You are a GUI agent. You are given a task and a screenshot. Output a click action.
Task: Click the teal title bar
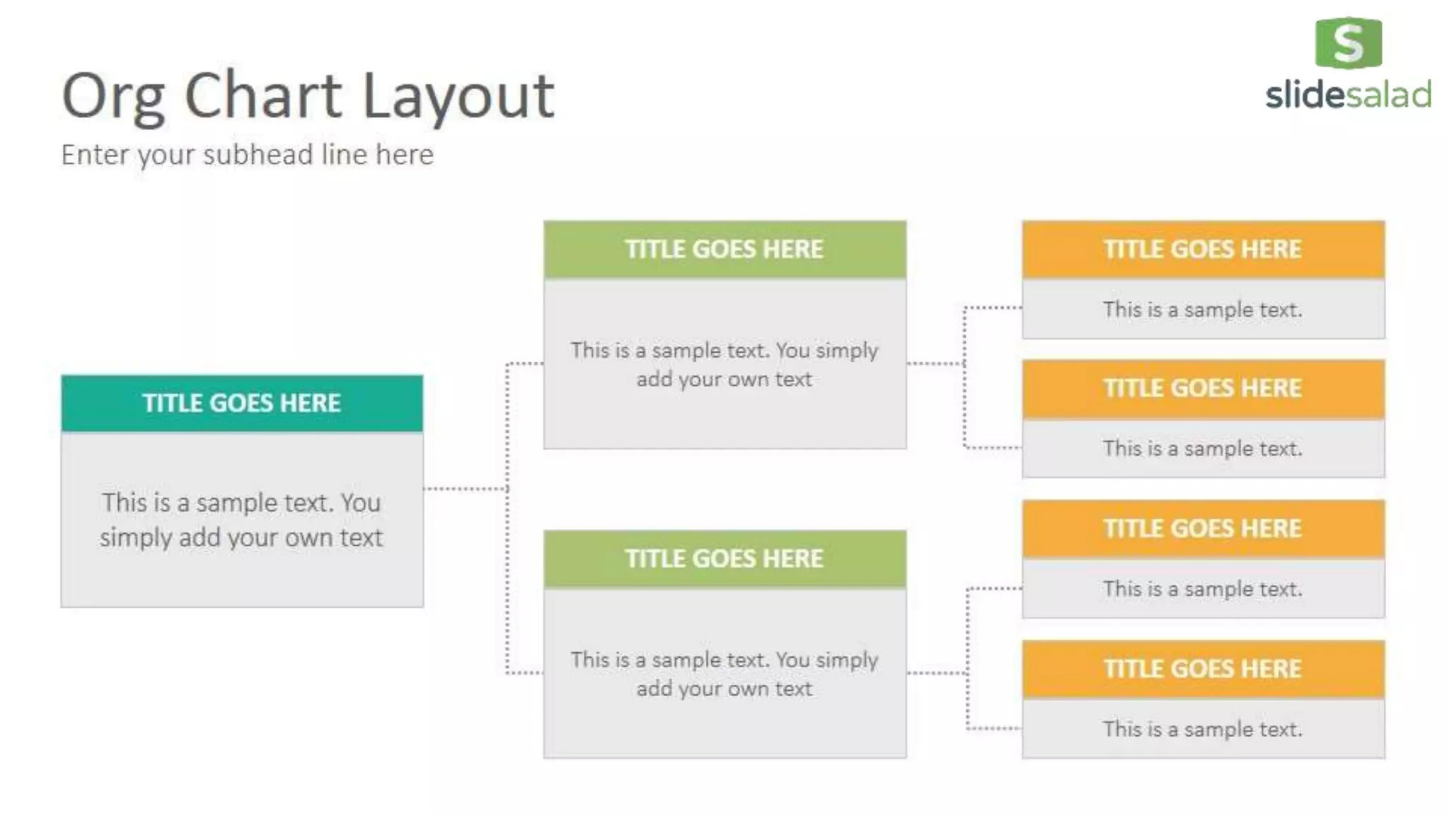[242, 403]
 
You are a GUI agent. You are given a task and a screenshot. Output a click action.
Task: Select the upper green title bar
[724, 249]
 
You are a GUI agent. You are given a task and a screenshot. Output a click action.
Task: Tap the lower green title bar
[724, 559]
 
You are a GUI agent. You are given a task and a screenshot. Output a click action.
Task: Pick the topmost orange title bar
[1203, 249]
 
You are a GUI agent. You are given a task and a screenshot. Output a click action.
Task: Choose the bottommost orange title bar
[1203, 669]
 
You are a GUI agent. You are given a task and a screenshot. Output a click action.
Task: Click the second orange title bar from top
[1203, 388]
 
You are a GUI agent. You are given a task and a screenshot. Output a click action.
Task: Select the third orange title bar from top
[1203, 528]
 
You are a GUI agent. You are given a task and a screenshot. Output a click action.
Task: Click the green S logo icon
[1349, 43]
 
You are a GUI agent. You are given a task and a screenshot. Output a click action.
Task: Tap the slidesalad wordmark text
[1349, 96]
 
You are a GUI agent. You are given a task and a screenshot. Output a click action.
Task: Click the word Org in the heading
[113, 97]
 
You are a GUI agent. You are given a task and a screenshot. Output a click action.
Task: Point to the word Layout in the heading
[458, 97]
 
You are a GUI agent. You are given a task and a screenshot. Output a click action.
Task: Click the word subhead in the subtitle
[258, 155]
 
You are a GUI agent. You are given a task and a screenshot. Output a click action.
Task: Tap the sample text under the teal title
[241, 520]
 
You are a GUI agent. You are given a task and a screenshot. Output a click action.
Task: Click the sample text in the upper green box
[724, 365]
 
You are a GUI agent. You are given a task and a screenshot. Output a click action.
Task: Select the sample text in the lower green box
[724, 674]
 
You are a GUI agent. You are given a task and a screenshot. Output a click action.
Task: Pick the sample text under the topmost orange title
[1203, 310]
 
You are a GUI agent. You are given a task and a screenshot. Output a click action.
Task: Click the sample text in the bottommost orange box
[1203, 729]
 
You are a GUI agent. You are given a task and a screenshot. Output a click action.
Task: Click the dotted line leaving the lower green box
[936, 673]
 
